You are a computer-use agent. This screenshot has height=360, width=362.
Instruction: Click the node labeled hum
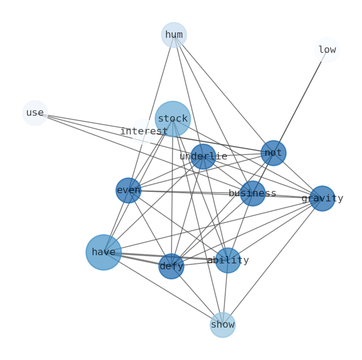tap(174, 35)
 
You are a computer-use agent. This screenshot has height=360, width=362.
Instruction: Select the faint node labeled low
tap(327, 50)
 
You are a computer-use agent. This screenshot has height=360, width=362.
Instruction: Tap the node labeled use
tap(35, 113)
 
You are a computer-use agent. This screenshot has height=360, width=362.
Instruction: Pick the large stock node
tap(172, 119)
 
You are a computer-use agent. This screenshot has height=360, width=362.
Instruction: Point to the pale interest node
tap(144, 132)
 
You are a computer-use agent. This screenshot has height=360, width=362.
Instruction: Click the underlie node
tap(203, 157)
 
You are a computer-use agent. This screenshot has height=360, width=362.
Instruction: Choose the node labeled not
tap(273, 153)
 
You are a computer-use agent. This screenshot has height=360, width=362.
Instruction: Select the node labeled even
tap(129, 190)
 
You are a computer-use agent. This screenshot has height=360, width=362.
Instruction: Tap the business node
tap(253, 193)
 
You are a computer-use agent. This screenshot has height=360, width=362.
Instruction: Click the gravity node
tap(322, 198)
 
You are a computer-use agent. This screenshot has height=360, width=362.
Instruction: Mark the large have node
tap(103, 252)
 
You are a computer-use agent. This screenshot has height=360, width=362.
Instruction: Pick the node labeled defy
tap(171, 266)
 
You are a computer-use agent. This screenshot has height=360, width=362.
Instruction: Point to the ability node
tap(228, 260)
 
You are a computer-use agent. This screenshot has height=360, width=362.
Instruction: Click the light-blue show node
tap(222, 325)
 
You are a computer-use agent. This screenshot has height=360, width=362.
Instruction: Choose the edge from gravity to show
tap(273, 262)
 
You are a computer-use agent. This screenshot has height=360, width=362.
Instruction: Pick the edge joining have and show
tap(163, 288)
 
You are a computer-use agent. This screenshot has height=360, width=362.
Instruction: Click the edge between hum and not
tap(223, 94)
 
